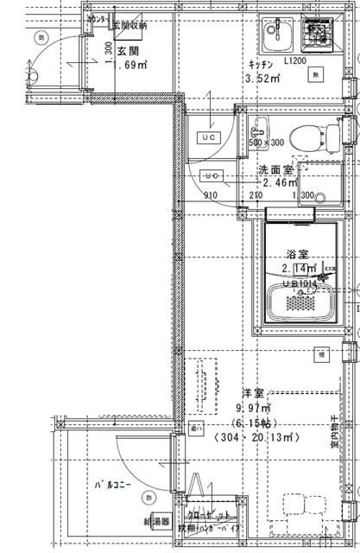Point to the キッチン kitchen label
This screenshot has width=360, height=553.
tap(262, 65)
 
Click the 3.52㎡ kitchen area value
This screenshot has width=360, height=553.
tap(263, 79)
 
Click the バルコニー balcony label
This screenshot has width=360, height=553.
tap(113, 485)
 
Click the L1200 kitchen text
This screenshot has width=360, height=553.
tap(294, 61)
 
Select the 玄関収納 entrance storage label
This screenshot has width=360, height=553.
tap(129, 25)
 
